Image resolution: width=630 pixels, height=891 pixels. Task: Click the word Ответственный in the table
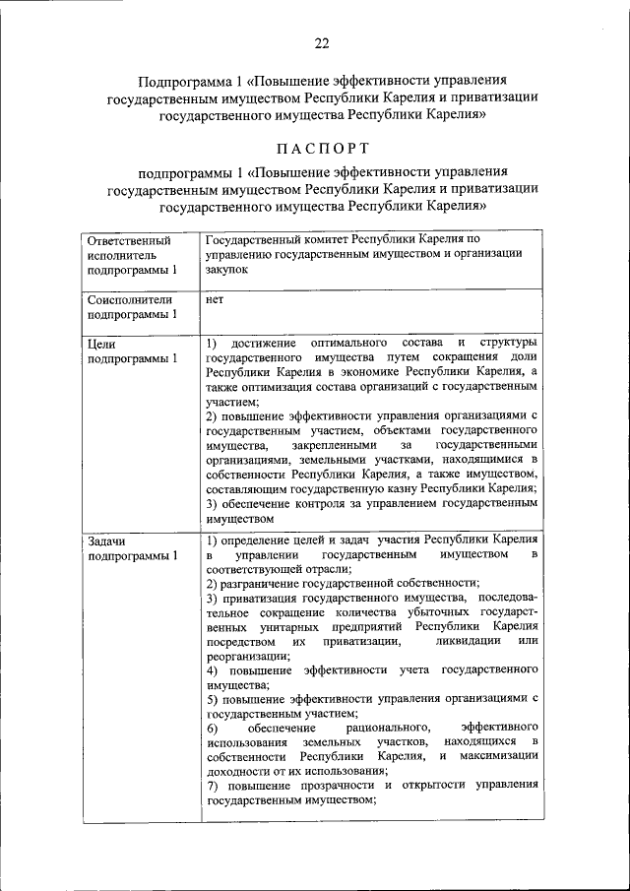pyautogui.click(x=129, y=239)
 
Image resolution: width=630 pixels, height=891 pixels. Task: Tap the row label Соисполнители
pyautogui.click(x=130, y=299)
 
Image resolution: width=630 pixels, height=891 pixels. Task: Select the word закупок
pyautogui.click(x=228, y=268)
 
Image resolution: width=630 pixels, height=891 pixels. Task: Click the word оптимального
pyautogui.click(x=351, y=343)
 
